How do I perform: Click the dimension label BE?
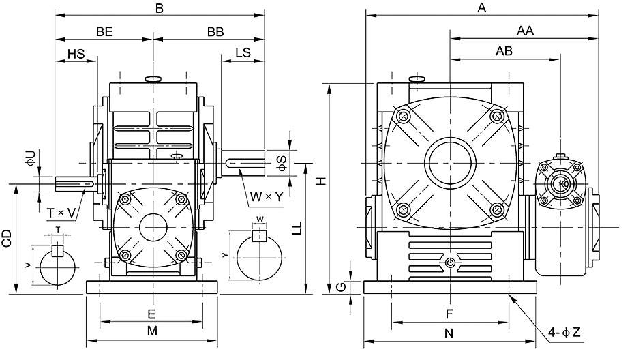(104, 32)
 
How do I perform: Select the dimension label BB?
(215, 32)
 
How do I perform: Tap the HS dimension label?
(76, 53)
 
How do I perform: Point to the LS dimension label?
(243, 52)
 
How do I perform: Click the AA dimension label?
(525, 31)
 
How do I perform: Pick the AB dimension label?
(504, 51)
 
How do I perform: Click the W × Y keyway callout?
(267, 196)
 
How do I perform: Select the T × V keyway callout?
(61, 213)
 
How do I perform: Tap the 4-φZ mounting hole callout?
(564, 333)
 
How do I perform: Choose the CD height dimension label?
(7, 239)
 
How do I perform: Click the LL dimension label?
(297, 229)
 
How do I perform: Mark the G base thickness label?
(342, 287)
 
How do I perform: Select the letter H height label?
(321, 181)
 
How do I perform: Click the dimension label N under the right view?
(449, 333)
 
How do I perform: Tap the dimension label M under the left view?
(152, 331)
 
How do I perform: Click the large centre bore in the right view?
(450, 163)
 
